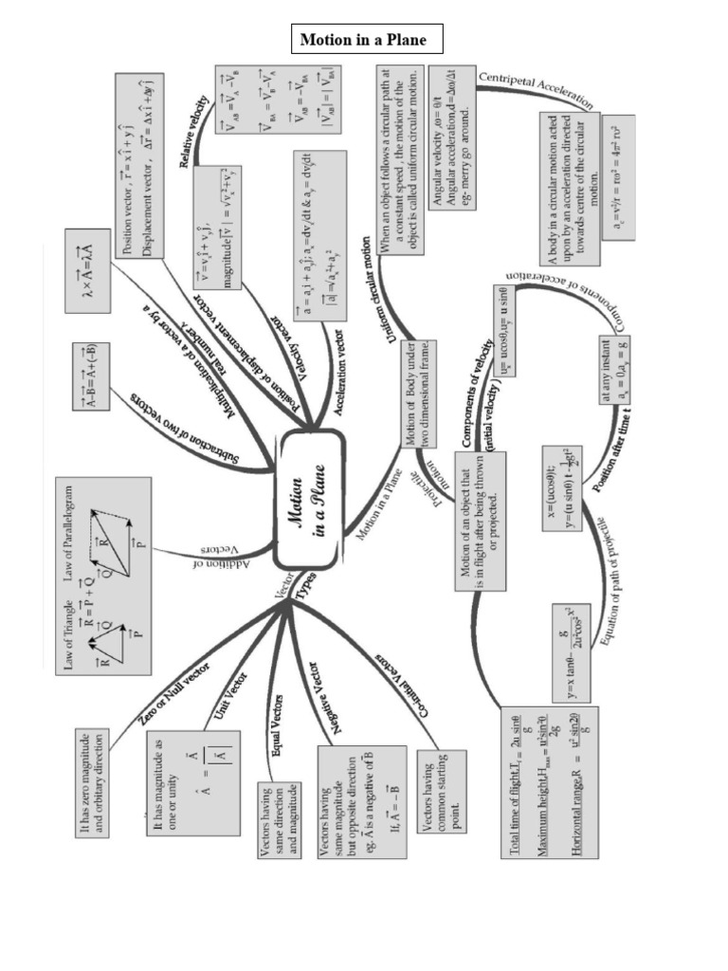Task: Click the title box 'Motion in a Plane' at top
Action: click(364, 40)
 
